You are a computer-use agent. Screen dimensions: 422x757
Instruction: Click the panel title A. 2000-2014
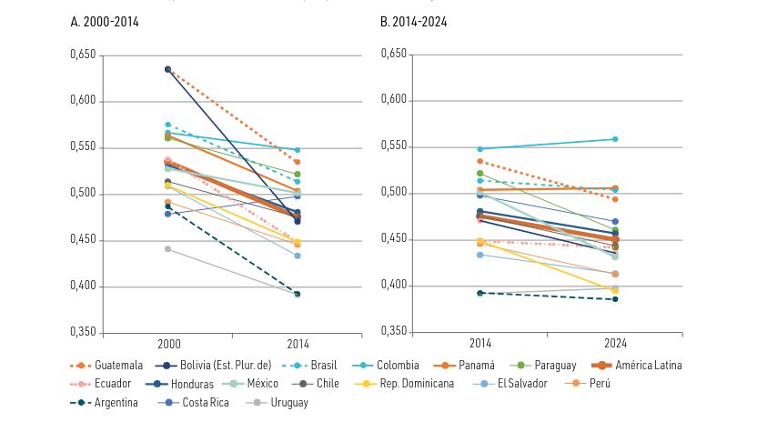click(x=107, y=20)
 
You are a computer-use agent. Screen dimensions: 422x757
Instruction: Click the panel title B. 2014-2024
click(x=418, y=20)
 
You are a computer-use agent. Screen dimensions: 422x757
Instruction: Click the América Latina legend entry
click(x=647, y=365)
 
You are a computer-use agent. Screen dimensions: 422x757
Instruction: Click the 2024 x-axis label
click(x=614, y=344)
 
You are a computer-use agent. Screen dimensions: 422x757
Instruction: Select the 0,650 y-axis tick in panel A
click(x=83, y=55)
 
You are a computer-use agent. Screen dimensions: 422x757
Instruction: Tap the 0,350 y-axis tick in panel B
click(x=393, y=331)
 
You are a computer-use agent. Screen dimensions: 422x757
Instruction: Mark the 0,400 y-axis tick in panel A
click(x=83, y=286)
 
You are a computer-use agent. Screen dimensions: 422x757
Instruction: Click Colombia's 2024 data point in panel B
click(x=615, y=139)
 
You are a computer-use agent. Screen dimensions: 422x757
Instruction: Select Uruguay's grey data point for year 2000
click(x=168, y=248)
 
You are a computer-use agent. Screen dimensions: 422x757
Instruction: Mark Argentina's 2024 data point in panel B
click(x=615, y=299)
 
